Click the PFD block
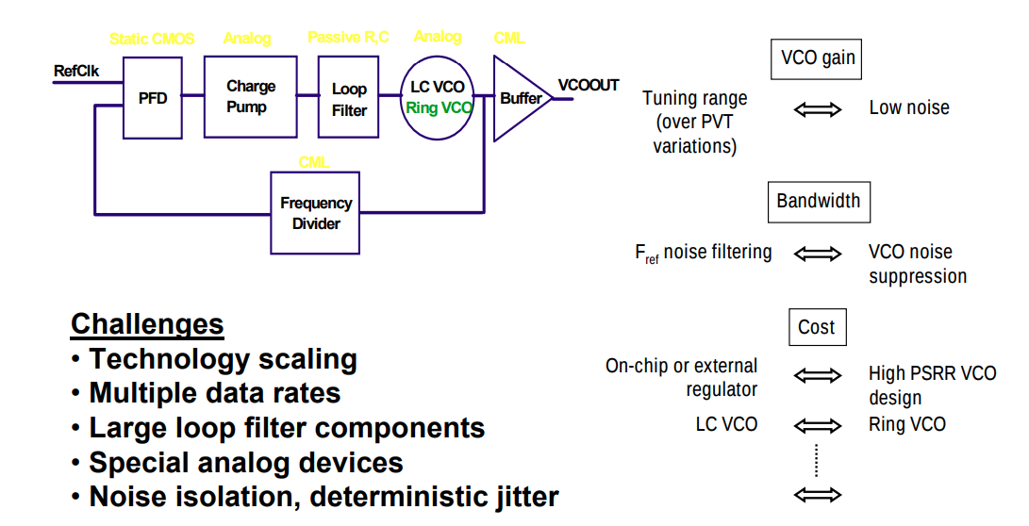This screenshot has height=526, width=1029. pyautogui.click(x=153, y=98)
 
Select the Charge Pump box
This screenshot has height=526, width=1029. pyautogui.click(x=251, y=96)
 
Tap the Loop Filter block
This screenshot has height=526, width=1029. pyautogui.click(x=349, y=98)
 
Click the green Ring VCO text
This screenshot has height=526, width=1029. pyautogui.click(x=439, y=108)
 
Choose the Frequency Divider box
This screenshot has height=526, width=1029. pyautogui.click(x=315, y=213)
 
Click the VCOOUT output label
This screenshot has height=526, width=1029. pyautogui.click(x=588, y=86)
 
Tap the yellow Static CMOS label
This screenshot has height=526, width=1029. pyautogui.click(x=152, y=39)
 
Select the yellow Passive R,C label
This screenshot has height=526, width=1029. pyautogui.click(x=348, y=38)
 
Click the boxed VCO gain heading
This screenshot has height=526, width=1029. pyautogui.click(x=818, y=58)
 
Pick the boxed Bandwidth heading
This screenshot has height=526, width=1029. pyautogui.click(x=818, y=202)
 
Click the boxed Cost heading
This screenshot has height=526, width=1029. pyautogui.click(x=816, y=327)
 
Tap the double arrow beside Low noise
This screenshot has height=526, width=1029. pyautogui.click(x=817, y=109)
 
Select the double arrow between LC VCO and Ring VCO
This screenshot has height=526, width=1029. pyautogui.click(x=817, y=425)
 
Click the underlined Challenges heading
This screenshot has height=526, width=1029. pyautogui.click(x=147, y=325)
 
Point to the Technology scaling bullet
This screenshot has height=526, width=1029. pyautogui.click(x=223, y=359)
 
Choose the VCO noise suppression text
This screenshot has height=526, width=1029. pyautogui.click(x=917, y=264)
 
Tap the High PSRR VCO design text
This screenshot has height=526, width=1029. pyautogui.click(x=932, y=386)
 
